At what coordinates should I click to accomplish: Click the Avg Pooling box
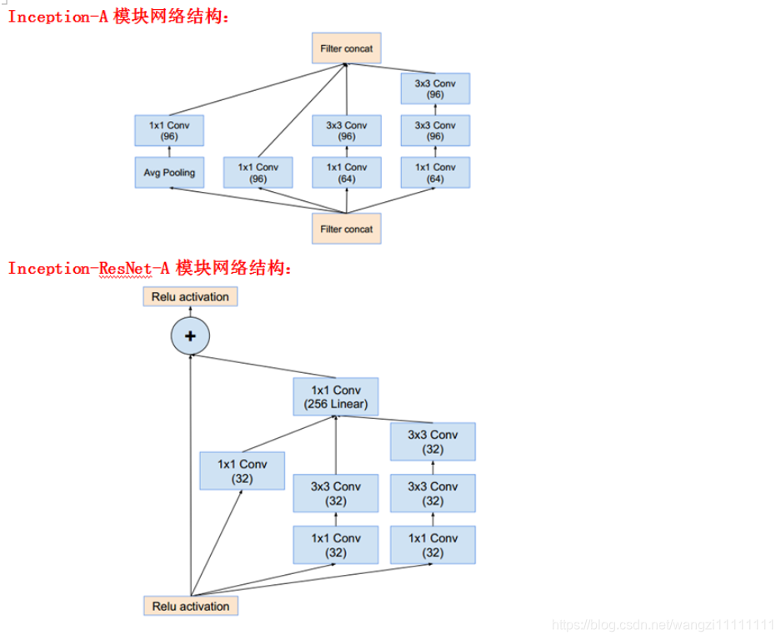pyautogui.click(x=168, y=173)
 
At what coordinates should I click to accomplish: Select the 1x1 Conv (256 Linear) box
pyautogui.click(x=335, y=398)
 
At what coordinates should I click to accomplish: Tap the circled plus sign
pyautogui.click(x=190, y=335)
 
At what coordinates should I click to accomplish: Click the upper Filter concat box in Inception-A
pyautogui.click(x=346, y=48)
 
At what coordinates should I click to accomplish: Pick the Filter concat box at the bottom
pyautogui.click(x=346, y=229)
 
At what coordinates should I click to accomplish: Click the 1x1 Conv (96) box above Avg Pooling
pyautogui.click(x=168, y=131)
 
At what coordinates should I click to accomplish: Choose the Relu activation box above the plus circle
pyautogui.click(x=190, y=296)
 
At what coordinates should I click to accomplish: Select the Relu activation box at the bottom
pyautogui.click(x=190, y=606)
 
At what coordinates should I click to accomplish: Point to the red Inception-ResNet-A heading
pyautogui.click(x=150, y=268)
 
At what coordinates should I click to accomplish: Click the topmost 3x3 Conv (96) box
pyautogui.click(x=435, y=88)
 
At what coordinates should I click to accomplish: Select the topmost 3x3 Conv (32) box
pyautogui.click(x=433, y=442)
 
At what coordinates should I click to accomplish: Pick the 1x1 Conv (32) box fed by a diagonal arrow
pyautogui.click(x=242, y=471)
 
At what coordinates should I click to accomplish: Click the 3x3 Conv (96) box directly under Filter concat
pyautogui.click(x=346, y=131)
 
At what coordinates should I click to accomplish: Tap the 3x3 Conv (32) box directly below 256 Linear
pyautogui.click(x=335, y=494)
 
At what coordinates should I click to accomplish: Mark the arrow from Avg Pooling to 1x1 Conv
pyautogui.click(x=168, y=152)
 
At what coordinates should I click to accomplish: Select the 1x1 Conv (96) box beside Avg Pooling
pyautogui.click(x=258, y=173)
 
